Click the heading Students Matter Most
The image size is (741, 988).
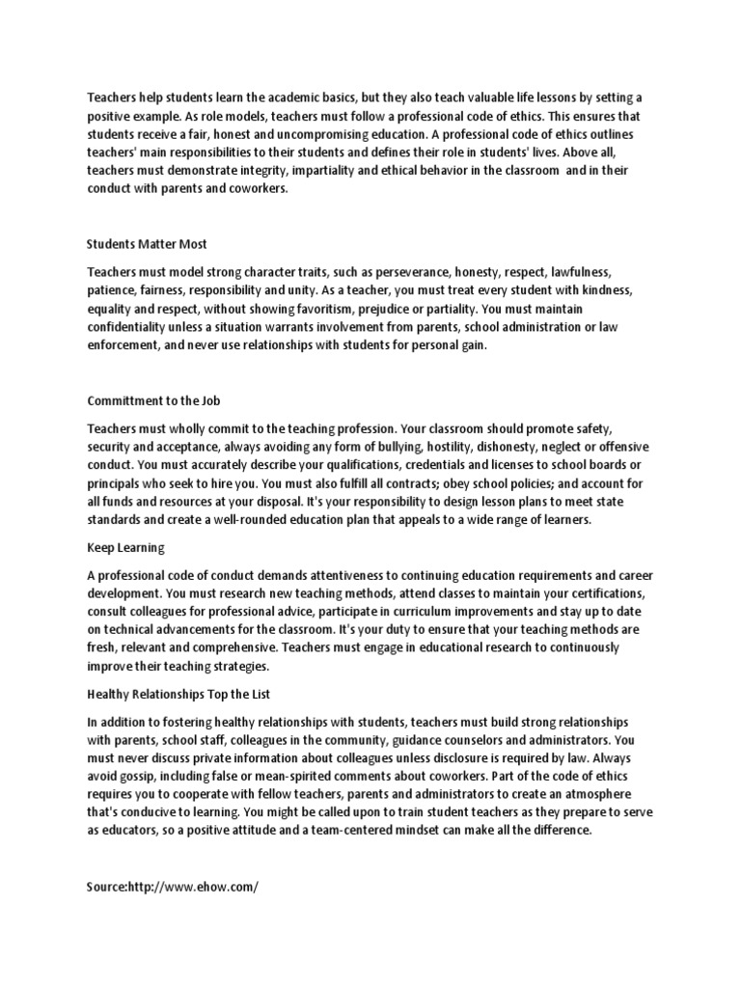[147, 244]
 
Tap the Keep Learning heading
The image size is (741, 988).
[125, 548]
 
